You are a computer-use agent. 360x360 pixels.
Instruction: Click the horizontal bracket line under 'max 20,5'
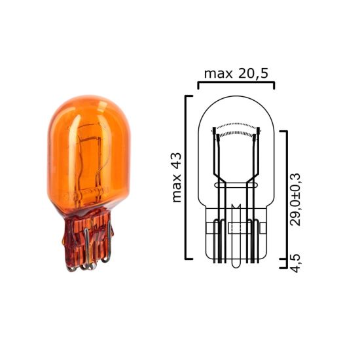(x=236, y=83)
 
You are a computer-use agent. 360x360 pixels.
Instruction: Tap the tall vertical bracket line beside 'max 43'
(x=187, y=177)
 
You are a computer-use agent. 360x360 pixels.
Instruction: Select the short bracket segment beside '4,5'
(x=285, y=264)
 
